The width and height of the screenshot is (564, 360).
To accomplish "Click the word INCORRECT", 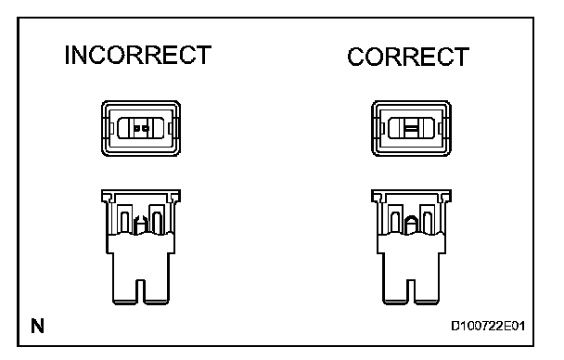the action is point(138,55).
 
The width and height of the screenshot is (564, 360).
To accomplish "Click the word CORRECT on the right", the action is point(408,57).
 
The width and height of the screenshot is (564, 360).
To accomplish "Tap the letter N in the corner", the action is point(37,326).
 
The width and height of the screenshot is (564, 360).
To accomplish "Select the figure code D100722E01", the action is point(488,326).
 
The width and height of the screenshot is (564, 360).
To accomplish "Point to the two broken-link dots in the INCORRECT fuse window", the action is point(141,128).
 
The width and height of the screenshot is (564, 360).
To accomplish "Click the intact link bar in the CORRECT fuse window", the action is point(411,128).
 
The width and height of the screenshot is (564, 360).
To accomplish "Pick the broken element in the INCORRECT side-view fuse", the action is point(139,225).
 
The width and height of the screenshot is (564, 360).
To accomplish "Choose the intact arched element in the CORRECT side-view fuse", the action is point(410,225).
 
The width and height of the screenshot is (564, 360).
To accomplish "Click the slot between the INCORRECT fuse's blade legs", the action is point(141,290).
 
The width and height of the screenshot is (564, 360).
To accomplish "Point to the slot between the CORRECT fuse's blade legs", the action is point(411,290).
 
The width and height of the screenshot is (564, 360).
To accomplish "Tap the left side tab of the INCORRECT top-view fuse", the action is point(112,128).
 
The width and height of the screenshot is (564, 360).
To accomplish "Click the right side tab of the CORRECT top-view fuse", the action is point(441,128).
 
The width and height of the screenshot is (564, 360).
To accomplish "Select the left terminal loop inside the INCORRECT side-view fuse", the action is point(125,223).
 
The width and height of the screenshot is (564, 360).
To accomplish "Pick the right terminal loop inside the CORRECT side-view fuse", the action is point(428,223).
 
